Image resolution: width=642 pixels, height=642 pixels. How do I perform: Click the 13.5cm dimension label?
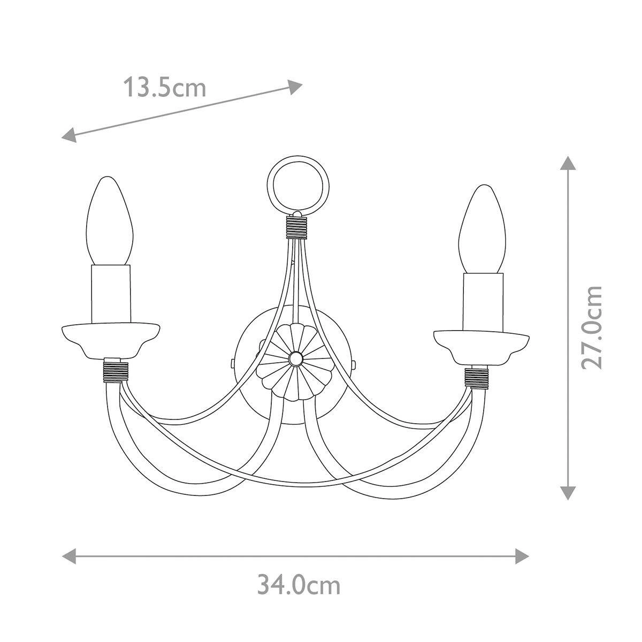tap(165, 87)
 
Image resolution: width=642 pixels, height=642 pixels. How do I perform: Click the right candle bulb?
tap(482, 229)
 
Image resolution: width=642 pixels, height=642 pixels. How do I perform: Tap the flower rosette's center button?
tap(295, 358)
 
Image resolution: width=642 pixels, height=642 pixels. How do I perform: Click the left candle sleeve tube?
tap(111, 294)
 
